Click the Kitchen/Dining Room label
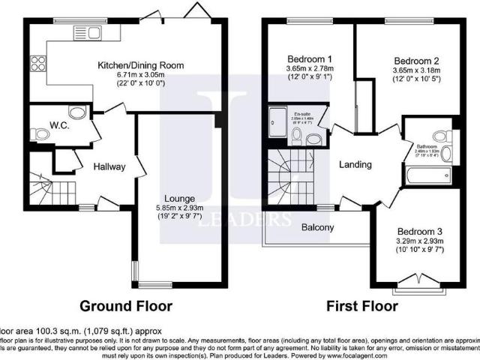[140, 65]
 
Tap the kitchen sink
[90, 32]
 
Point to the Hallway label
[109, 166]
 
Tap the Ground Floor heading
[127, 306]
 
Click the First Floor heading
[361, 306]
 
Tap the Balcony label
[318, 226]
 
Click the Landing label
[355, 164]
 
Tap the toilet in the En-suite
[297, 136]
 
